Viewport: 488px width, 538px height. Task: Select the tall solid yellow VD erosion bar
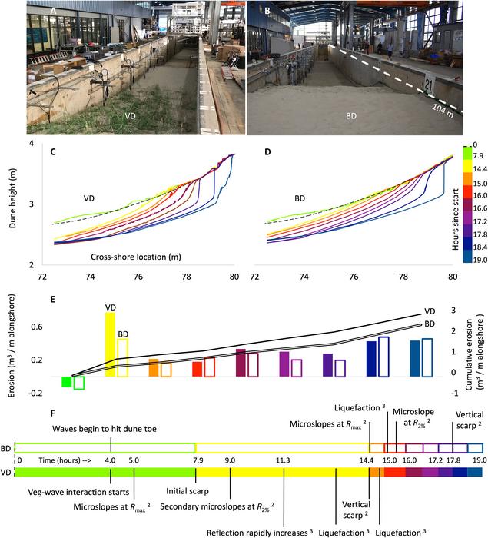tap(110, 344)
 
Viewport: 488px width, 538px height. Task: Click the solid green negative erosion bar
tap(67, 381)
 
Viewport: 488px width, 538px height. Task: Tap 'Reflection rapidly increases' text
tap(257, 531)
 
